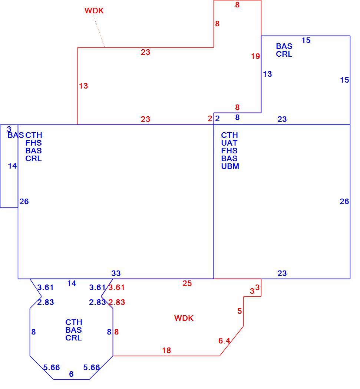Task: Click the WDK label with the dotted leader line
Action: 94,11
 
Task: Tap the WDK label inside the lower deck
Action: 184,318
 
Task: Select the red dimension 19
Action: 255,56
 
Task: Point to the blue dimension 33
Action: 116,273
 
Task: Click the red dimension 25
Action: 187,283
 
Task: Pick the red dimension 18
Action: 166,350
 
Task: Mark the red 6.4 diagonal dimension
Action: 224,340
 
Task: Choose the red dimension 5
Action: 240,311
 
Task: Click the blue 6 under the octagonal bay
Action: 71,374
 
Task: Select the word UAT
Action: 229,143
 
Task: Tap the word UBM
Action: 230,166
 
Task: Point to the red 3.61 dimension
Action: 116,287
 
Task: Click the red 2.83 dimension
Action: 116,302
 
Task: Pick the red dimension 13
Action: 83,86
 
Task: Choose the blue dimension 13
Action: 267,74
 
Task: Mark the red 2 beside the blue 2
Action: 210,119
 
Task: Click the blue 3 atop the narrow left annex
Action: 9,129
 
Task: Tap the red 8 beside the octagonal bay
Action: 116,332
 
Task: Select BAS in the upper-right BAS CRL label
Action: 284,46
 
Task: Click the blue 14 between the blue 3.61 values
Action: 72,283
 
